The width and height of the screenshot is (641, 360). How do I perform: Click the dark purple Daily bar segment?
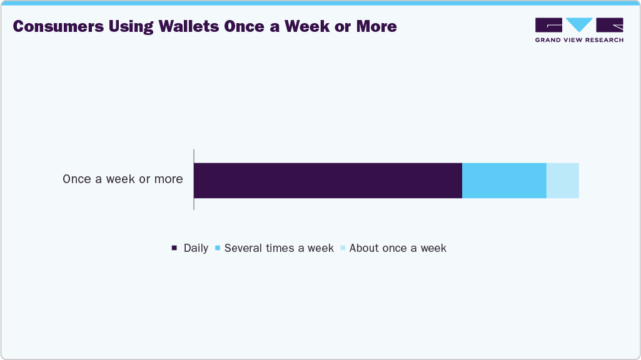(328, 181)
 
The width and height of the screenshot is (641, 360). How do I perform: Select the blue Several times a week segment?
(504, 181)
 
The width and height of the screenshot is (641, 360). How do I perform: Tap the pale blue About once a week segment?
(562, 181)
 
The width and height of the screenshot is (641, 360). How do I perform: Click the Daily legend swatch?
(174, 248)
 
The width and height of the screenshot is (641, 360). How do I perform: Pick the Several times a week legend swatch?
(217, 248)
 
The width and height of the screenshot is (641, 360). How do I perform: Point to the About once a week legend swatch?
(342, 248)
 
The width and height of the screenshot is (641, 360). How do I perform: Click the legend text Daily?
(196, 248)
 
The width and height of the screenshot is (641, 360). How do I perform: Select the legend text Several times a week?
(279, 248)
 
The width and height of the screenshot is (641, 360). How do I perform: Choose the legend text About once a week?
(398, 248)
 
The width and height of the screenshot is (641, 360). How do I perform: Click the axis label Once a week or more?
(123, 179)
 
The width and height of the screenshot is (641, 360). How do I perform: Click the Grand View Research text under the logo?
(579, 40)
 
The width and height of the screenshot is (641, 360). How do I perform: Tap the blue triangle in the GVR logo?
(579, 24)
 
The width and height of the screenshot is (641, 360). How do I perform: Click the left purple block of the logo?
(548, 24)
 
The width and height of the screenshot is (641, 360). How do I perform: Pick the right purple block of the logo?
(610, 24)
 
